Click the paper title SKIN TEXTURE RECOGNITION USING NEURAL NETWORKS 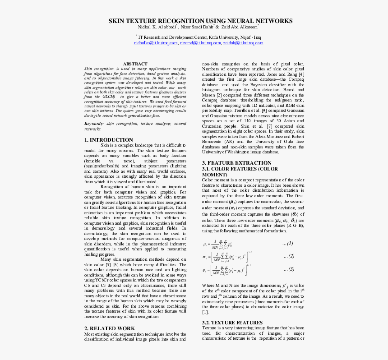(x=194, y=21)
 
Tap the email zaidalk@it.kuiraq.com (x=243, y=43)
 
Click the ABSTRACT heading (x=135, y=64)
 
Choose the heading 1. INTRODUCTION (x=108, y=140)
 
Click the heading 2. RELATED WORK (x=109, y=328)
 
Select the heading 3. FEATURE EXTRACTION (x=236, y=163)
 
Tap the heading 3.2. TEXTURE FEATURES (x=232, y=323)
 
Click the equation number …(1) (x=288, y=244)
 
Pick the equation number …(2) (x=289, y=256)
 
